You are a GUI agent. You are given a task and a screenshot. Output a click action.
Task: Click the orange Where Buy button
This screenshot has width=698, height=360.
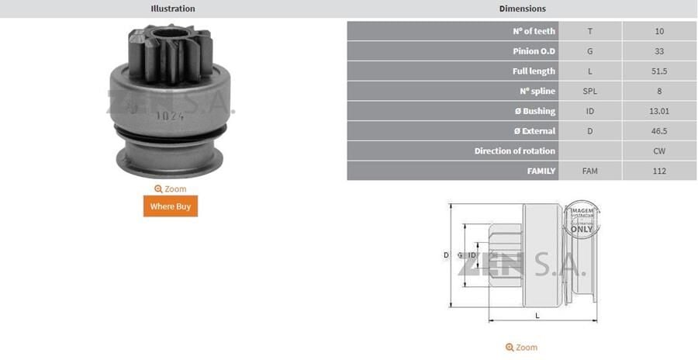[170, 206]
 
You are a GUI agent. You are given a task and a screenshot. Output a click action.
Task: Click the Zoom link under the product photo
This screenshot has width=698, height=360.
[170, 189]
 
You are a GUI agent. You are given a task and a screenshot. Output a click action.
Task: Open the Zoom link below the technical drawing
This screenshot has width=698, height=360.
[521, 348]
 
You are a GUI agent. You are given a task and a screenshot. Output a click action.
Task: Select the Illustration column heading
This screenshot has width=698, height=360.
[172, 9]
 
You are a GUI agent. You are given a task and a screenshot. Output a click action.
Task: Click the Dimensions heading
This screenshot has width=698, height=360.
[522, 9]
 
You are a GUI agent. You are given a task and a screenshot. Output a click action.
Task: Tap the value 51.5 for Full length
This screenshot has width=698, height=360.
[659, 71]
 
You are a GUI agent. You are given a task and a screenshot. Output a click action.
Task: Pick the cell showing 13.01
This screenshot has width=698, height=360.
[659, 111]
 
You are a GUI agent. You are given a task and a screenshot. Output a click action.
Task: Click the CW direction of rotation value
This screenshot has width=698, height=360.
[659, 151]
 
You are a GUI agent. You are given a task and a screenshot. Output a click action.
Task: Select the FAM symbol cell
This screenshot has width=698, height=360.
[589, 171]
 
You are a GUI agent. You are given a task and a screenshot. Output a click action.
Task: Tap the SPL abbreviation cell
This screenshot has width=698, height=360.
[589, 92]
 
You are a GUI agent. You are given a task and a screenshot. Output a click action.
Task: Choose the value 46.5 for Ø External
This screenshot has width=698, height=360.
[659, 131]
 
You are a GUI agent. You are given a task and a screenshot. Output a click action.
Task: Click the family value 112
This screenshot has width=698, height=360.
[659, 171]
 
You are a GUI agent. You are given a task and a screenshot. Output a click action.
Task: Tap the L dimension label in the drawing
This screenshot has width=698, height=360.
[537, 316]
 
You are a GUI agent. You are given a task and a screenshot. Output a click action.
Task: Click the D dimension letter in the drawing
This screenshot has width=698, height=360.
[446, 254]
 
